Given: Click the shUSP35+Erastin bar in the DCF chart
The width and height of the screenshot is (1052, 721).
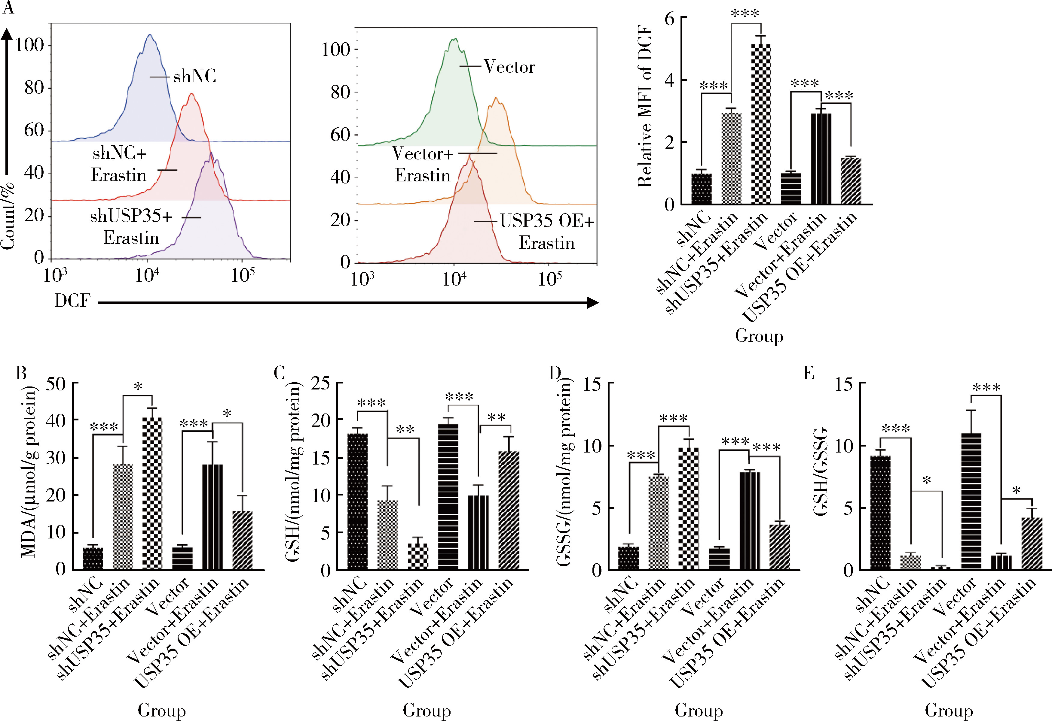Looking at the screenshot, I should tap(761, 124).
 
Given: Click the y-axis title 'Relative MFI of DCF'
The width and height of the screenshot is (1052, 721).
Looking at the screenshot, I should tap(645, 107).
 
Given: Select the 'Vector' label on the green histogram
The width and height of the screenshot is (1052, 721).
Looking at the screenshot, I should tap(509, 67).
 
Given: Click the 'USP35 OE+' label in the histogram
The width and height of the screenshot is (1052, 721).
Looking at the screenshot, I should tap(547, 221).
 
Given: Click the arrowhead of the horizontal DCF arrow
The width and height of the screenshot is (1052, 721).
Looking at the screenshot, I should tap(593, 303).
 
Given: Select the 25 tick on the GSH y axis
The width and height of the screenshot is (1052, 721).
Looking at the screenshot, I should tap(320, 384).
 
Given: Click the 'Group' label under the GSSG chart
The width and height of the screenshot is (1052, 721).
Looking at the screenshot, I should tap(699, 710).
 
